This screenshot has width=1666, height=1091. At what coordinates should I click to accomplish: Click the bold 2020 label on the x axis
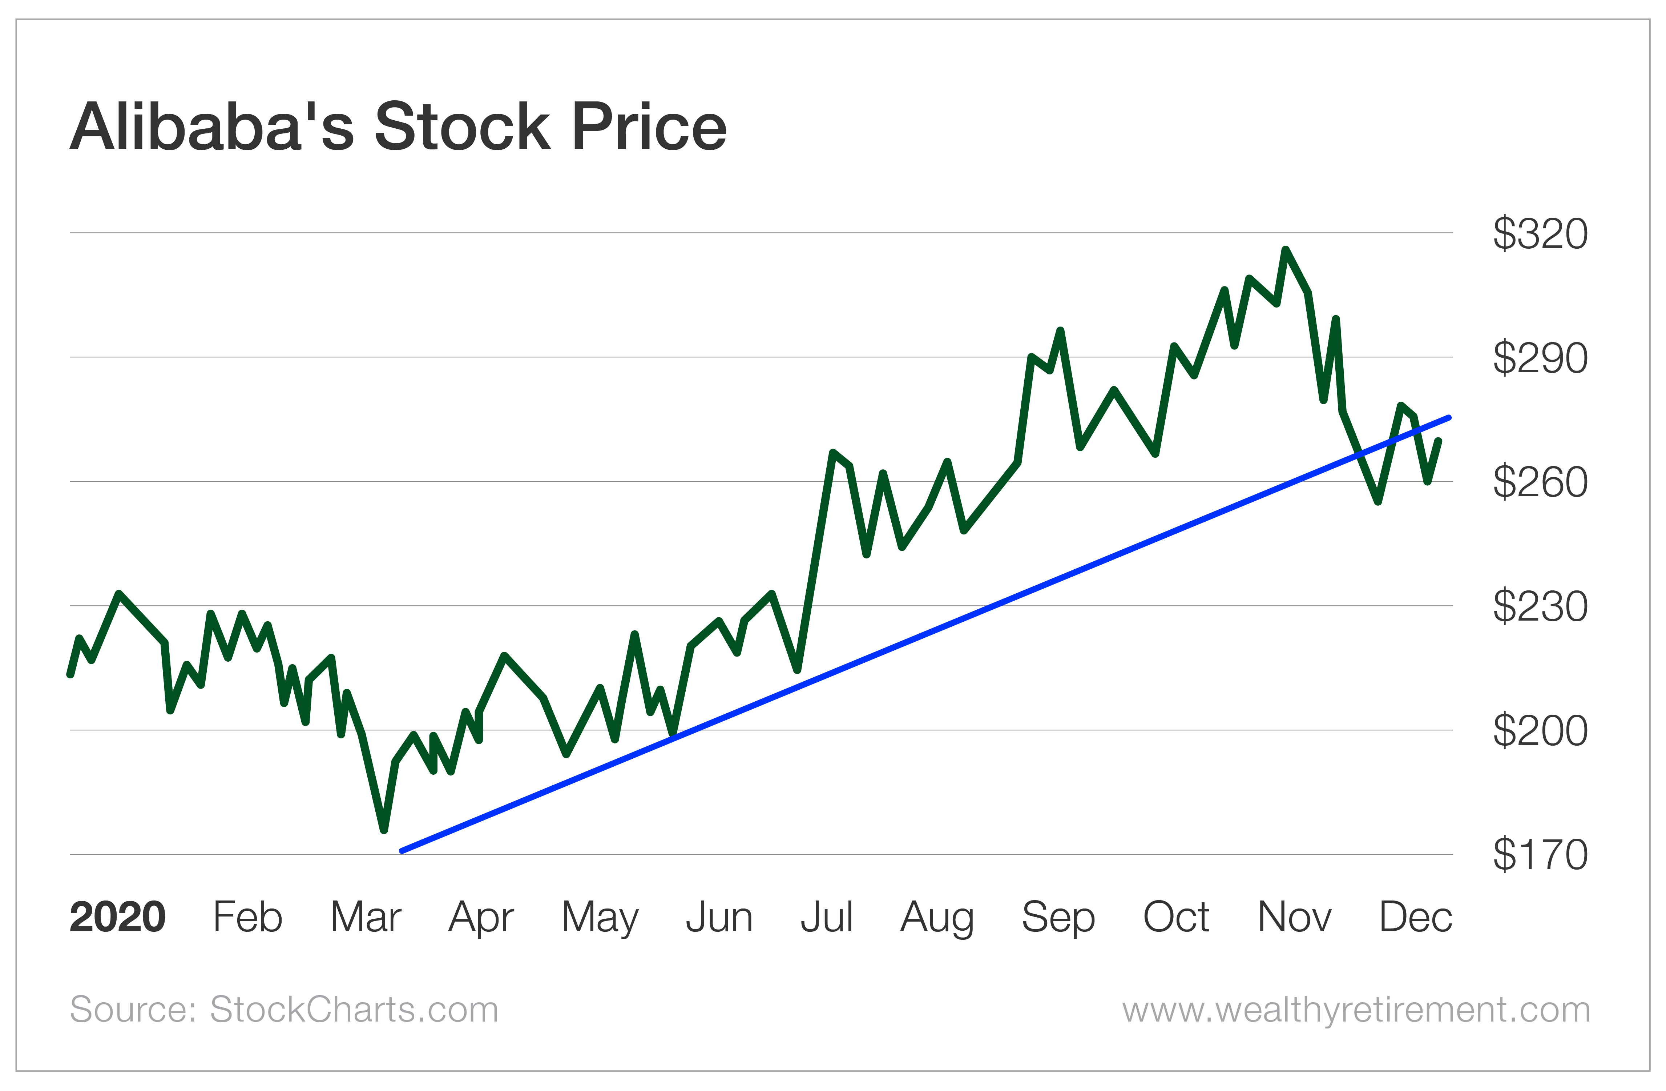pyautogui.click(x=118, y=917)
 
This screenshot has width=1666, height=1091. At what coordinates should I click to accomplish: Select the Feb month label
pyautogui.click(x=247, y=917)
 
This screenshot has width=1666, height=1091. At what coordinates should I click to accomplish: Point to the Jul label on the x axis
pyautogui.click(x=827, y=917)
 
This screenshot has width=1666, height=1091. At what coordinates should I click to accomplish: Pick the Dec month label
pyautogui.click(x=1415, y=917)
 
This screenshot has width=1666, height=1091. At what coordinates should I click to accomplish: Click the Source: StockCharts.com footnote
pyautogui.click(x=283, y=1010)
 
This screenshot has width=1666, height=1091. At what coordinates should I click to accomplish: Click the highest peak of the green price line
pyautogui.click(x=1285, y=250)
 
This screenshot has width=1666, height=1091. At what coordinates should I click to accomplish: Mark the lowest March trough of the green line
pyautogui.click(x=384, y=830)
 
